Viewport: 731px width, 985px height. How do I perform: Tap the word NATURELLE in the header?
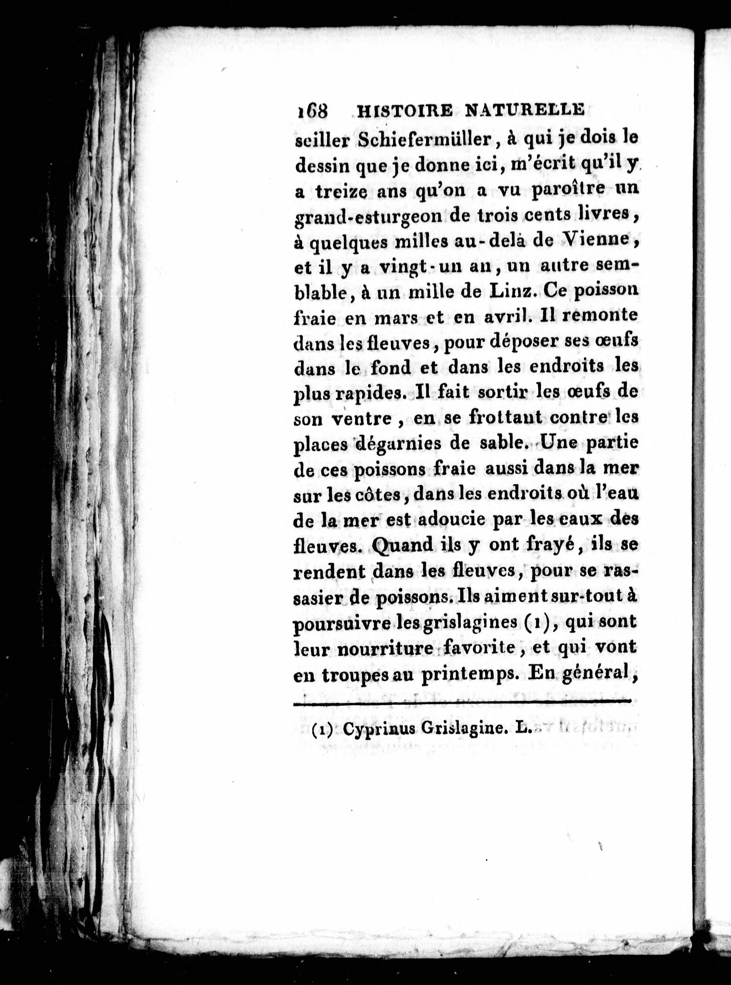point(524,109)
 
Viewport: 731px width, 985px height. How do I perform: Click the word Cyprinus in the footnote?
point(379,730)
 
